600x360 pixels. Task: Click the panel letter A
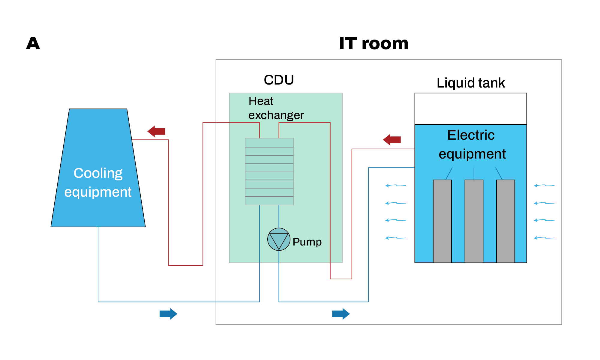[x=33, y=43]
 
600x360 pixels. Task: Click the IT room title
[x=373, y=43]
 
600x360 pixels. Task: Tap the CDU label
[x=279, y=80]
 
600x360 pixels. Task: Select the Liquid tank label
[x=470, y=83]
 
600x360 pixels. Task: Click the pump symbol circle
[x=279, y=239]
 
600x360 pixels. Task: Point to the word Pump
[x=307, y=242]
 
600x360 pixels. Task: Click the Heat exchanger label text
[x=276, y=108]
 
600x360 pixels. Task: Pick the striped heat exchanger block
[x=269, y=171]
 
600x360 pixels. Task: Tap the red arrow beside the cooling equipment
[x=156, y=131]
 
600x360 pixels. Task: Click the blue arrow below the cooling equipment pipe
[x=168, y=314]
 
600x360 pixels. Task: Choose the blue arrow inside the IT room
[x=341, y=314]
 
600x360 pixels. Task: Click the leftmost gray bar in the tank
[x=442, y=221]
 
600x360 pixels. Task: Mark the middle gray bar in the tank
[x=474, y=221]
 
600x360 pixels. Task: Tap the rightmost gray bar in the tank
[x=505, y=221]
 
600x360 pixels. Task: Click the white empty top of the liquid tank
[x=470, y=109]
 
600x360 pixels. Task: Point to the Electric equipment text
[x=472, y=144]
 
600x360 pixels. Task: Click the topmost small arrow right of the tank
[x=544, y=186]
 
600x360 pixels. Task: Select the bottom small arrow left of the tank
[x=395, y=238]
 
